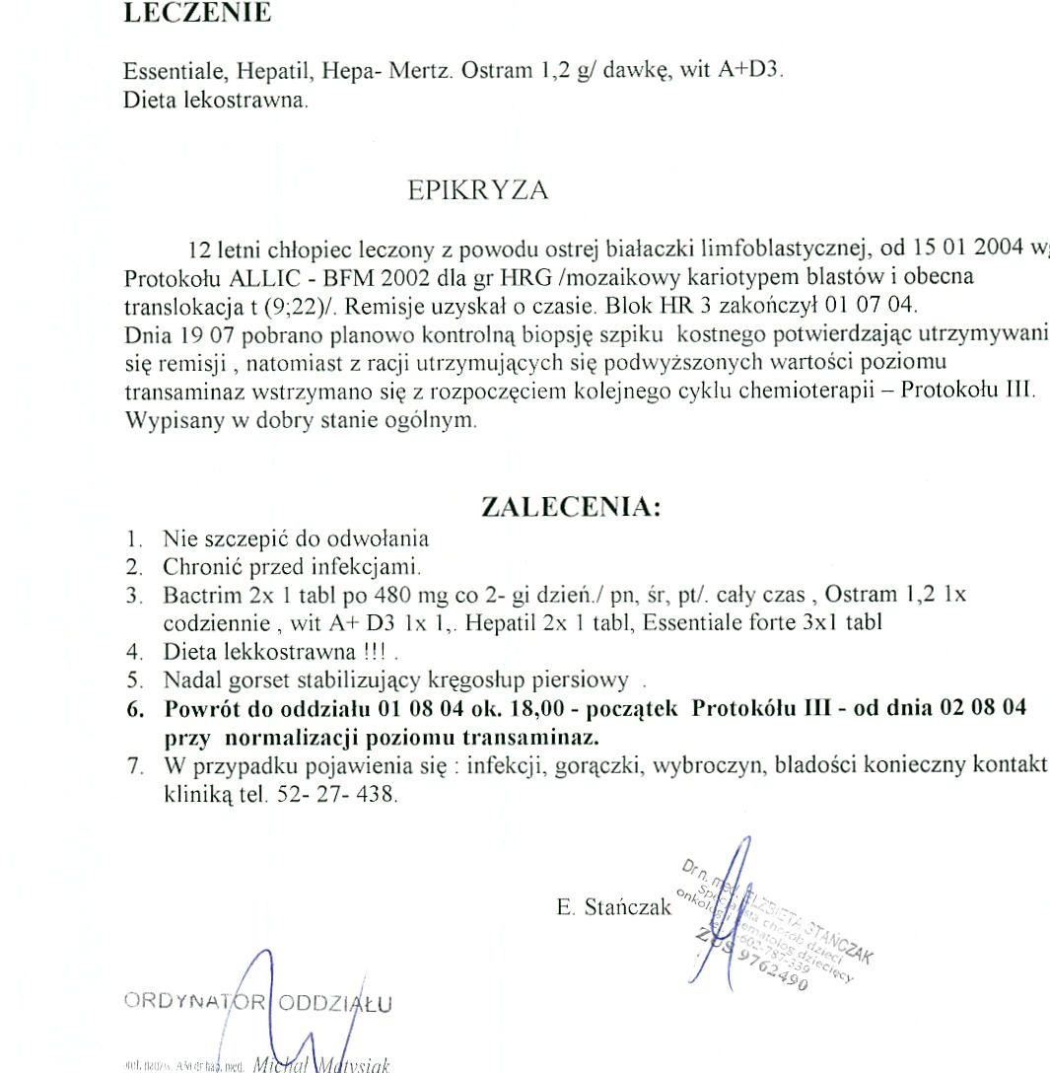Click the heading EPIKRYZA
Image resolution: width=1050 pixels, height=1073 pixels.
[477, 191]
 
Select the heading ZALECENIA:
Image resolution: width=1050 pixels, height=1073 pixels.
[570, 508]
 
